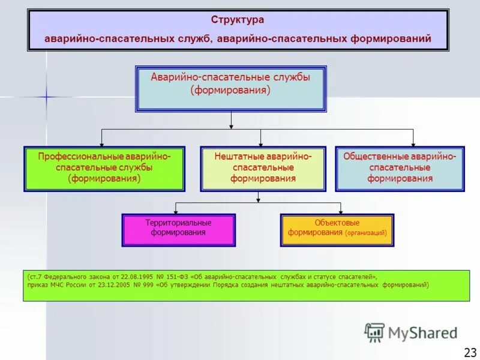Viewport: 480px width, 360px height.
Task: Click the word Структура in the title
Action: click(237, 20)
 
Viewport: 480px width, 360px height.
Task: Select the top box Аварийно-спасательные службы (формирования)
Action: click(231, 88)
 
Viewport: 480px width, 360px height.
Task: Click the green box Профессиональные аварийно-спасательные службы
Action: click(104, 169)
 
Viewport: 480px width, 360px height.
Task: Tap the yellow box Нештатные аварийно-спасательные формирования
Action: click(263, 169)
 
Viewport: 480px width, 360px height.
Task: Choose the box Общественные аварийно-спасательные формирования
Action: click(400, 169)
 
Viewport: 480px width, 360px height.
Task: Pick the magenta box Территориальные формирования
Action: click(178, 230)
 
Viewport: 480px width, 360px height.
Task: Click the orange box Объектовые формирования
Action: click(337, 230)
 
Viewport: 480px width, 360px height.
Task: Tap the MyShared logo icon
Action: click(374, 332)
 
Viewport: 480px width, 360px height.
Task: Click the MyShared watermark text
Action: click(422, 332)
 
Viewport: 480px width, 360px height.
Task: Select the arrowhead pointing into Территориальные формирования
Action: click(175, 212)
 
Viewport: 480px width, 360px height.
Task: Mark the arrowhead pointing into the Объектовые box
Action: click(340, 212)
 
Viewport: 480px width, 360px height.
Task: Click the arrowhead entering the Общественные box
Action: click(413, 144)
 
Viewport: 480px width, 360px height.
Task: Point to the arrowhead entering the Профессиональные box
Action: click(101, 144)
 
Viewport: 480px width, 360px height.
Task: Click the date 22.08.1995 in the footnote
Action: click(139, 277)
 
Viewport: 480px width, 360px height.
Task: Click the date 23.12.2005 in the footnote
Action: click(110, 285)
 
